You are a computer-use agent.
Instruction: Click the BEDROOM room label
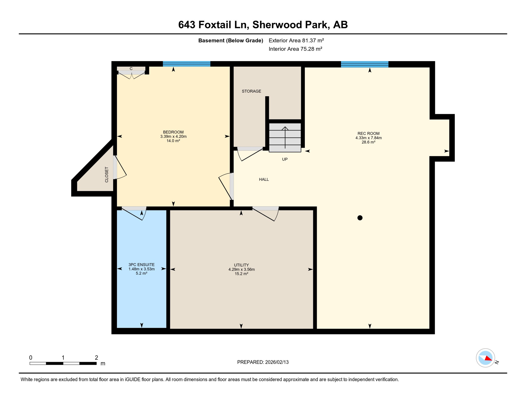[173, 132]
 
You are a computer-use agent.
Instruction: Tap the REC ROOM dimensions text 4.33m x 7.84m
[368, 138]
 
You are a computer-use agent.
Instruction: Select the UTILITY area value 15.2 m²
[241, 274]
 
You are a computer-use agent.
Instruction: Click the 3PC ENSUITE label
[141, 265]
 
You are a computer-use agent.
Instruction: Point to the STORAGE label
[251, 91]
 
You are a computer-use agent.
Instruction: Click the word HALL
[264, 179]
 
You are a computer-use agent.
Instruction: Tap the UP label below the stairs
[284, 159]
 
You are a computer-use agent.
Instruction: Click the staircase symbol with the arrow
[285, 137]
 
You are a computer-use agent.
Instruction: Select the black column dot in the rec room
[360, 218]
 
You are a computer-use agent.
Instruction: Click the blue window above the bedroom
[186, 64]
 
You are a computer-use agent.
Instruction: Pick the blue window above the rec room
[364, 64]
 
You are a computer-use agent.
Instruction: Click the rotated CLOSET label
[107, 174]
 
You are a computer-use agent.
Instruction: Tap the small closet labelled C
[131, 69]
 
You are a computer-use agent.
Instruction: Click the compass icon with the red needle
[485, 358]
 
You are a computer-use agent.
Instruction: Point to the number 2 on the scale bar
[96, 358]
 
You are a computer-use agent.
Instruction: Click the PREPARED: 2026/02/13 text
[262, 362]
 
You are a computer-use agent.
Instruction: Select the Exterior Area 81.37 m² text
[296, 40]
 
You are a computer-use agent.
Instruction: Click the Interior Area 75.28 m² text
[295, 49]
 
